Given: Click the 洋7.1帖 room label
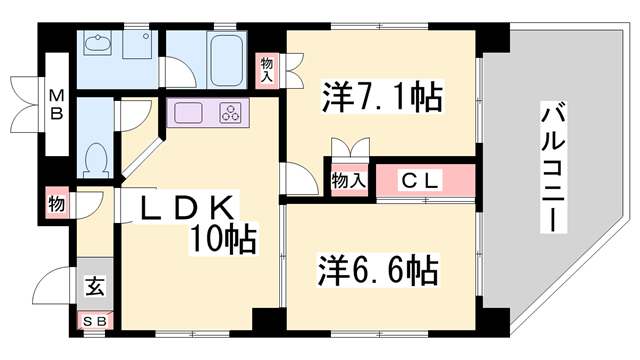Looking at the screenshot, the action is coord(382,97).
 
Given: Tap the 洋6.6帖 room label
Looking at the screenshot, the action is coord(378,270).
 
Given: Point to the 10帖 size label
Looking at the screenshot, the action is coord(223,239).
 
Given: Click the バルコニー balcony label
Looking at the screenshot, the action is coord(553,167).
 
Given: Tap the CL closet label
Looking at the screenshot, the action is coord(420,180).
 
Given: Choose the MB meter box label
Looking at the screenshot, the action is coord(56,104).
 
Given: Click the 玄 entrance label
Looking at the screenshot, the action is coord(95,285).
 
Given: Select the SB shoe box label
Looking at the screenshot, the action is coord(95,322).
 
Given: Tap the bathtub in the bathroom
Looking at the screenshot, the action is coord(226,60).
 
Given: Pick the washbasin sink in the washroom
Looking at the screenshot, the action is coord(98,43).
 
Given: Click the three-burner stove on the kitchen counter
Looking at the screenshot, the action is coord(231,113).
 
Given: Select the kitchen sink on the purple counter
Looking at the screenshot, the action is coord(188,113).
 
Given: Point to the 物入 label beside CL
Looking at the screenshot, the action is coord(348,180).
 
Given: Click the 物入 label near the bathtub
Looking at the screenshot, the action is coord(267,70).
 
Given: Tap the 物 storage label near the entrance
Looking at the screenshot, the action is coord(56,204).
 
